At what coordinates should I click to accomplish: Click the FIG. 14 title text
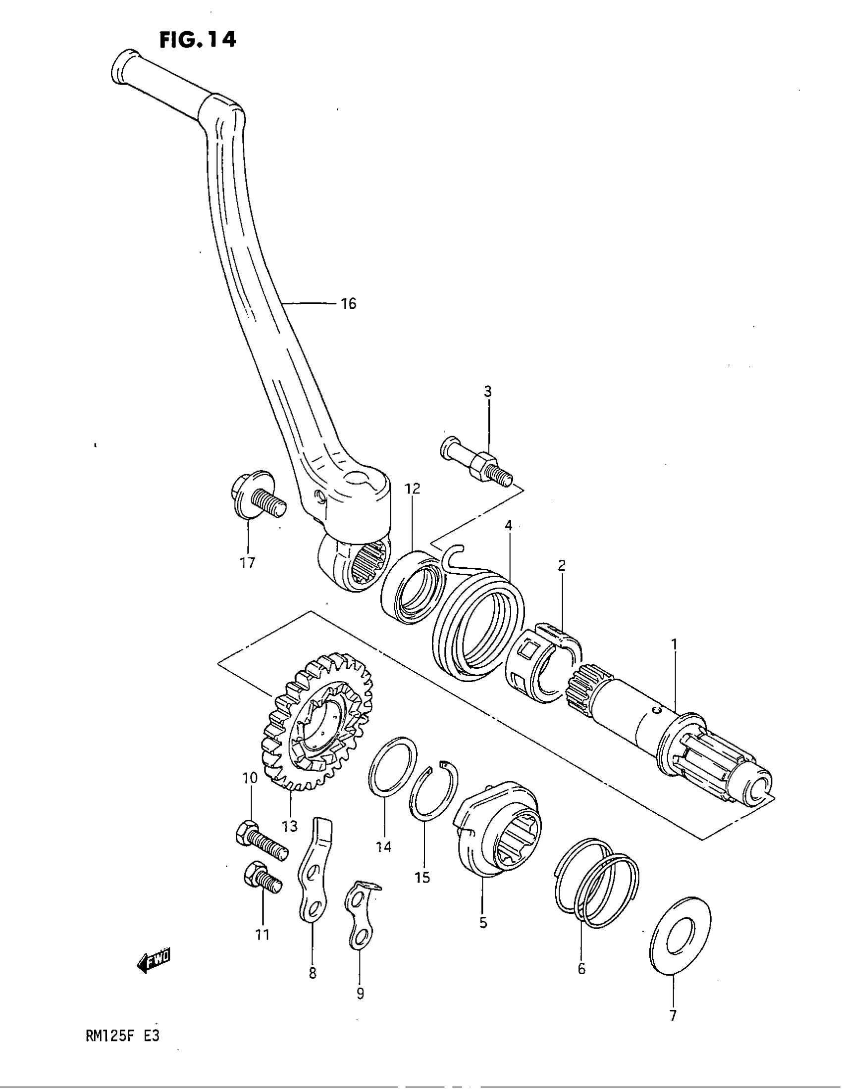click(x=198, y=40)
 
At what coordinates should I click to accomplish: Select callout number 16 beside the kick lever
click(x=349, y=303)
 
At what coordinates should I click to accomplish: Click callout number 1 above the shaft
click(x=674, y=644)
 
